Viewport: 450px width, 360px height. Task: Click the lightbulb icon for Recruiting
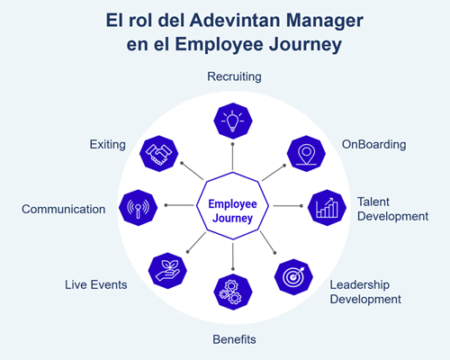click(x=233, y=121)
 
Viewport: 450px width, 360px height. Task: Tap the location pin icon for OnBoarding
click(x=306, y=154)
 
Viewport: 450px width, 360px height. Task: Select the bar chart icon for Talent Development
click(x=327, y=208)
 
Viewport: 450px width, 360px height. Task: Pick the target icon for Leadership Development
click(x=293, y=277)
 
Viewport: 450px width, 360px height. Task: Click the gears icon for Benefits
click(x=233, y=292)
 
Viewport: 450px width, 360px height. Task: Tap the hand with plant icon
click(x=167, y=271)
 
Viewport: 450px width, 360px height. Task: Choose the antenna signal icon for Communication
click(x=138, y=208)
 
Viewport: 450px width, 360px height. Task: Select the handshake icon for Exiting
click(x=158, y=154)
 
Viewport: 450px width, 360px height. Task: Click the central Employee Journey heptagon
click(x=232, y=206)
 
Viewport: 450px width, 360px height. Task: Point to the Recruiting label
click(x=234, y=76)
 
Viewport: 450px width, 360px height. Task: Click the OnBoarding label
click(x=373, y=144)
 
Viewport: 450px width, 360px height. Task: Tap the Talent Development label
click(x=392, y=209)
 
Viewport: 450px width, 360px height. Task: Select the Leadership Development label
click(x=365, y=292)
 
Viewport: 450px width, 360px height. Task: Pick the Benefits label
click(x=234, y=339)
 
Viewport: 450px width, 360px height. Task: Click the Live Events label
click(x=96, y=284)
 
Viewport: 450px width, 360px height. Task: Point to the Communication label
click(x=64, y=209)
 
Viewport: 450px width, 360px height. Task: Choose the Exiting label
click(x=108, y=144)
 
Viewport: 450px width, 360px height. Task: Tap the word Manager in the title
click(x=325, y=22)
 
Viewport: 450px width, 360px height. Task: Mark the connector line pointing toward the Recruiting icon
click(x=232, y=157)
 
